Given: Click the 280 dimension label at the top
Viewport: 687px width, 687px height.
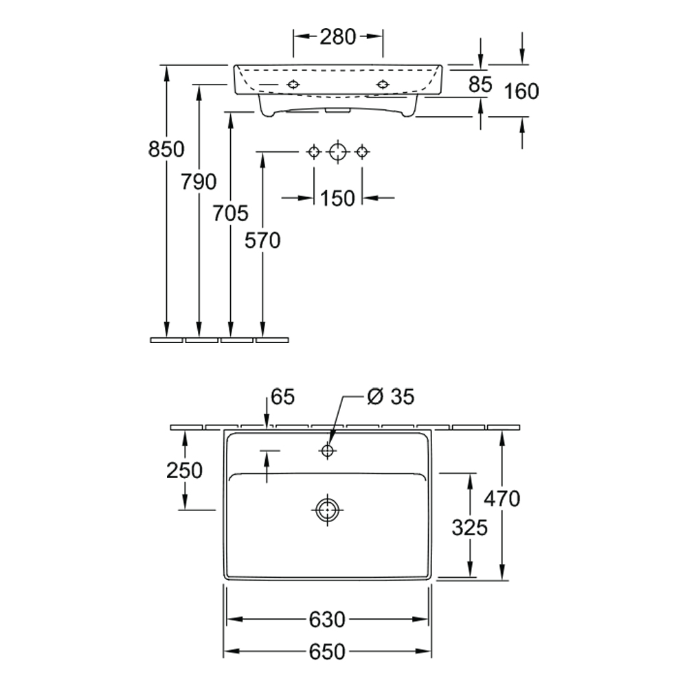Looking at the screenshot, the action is [337, 37].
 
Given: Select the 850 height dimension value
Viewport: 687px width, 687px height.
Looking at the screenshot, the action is [166, 149].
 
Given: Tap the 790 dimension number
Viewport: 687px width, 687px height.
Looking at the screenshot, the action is [199, 181].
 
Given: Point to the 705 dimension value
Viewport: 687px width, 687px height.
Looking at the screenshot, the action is [230, 214].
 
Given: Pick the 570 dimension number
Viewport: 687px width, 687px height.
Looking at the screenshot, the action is [262, 240].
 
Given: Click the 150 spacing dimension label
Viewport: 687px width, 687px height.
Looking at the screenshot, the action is [337, 199].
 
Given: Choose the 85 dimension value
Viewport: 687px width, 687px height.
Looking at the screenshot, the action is [480, 85].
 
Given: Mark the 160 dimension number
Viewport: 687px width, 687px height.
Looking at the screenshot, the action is [521, 91].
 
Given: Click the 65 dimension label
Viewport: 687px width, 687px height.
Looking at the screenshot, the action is [282, 397].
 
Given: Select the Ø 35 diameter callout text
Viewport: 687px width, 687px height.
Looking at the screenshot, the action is [390, 396].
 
